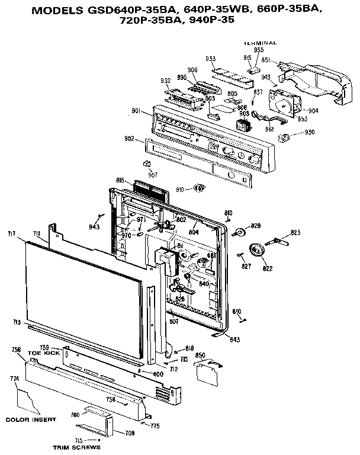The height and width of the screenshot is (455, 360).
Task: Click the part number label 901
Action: point(136,110)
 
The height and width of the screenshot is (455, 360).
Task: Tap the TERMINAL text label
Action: point(259,43)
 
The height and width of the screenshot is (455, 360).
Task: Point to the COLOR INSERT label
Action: point(31,419)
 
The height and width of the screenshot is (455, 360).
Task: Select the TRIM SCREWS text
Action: point(66,448)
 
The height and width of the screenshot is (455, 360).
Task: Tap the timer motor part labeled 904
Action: point(283,102)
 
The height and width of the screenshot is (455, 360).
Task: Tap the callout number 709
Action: point(129,434)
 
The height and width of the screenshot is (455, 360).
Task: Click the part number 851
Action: point(266,60)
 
